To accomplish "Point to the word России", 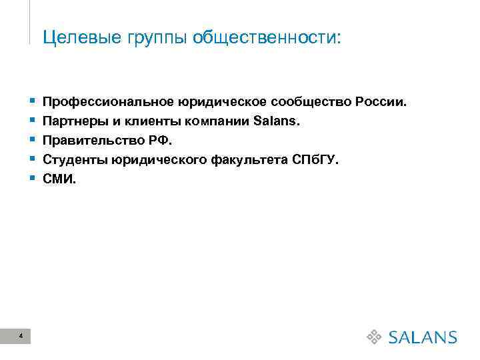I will tap(380, 103).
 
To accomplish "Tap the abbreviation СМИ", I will tap(58, 179).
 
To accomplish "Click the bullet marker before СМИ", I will tap(33, 179).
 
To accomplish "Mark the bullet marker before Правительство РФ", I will tap(33, 141).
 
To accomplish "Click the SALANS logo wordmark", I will tap(422, 337).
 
